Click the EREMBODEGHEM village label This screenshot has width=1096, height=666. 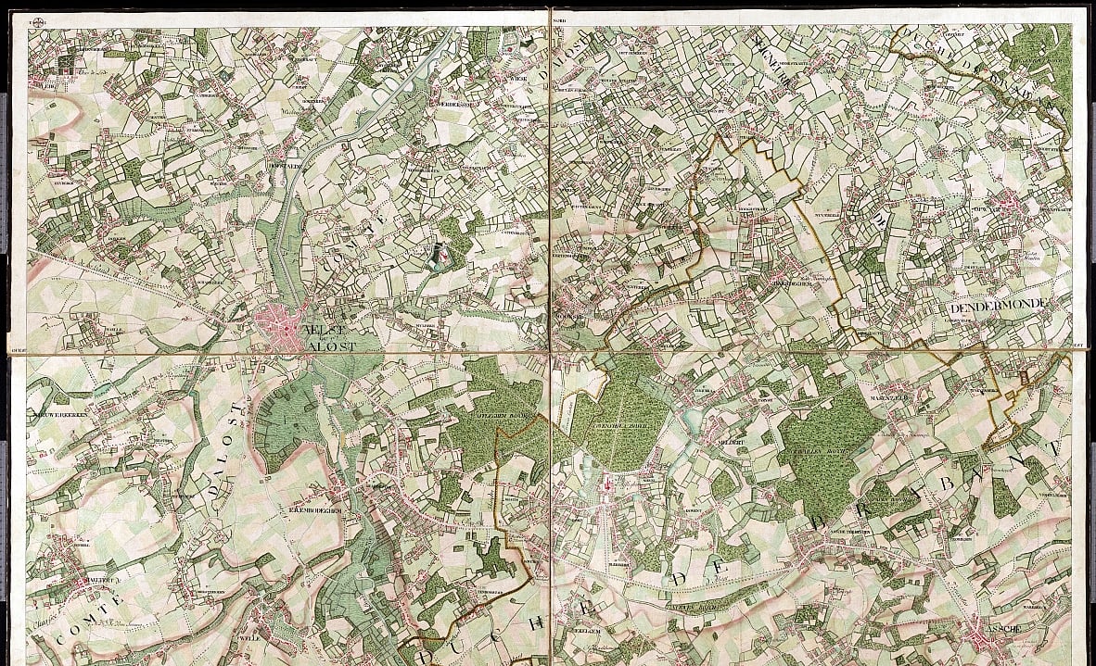click(x=316, y=509)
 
